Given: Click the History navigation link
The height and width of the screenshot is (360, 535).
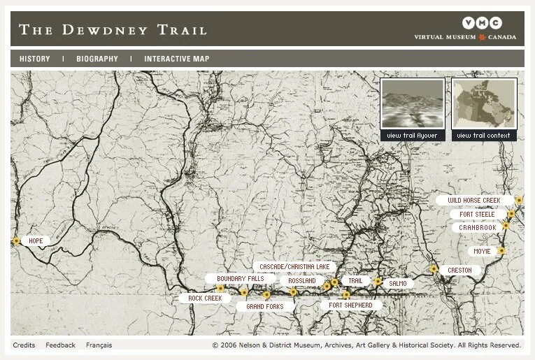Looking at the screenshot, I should click(x=34, y=59).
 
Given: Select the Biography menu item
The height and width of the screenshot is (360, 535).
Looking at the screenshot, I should click(x=97, y=59).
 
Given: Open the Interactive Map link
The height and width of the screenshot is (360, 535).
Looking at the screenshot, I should click(x=176, y=59).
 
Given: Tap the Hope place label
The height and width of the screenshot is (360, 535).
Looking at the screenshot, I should click(x=36, y=241).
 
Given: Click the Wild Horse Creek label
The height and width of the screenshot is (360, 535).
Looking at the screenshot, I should click(x=474, y=201).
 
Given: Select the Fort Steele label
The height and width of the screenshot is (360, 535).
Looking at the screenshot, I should click(x=478, y=215).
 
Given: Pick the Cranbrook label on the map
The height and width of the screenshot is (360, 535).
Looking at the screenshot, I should click(x=478, y=228).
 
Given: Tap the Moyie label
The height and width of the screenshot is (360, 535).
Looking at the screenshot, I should click(x=482, y=251).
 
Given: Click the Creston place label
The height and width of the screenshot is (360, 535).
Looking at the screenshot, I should click(x=459, y=271).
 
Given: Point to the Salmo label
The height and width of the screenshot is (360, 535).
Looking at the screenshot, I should click(x=397, y=284).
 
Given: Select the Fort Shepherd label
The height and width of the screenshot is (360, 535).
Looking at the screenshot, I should click(x=350, y=305).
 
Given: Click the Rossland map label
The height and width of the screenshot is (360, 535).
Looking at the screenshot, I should click(x=302, y=281).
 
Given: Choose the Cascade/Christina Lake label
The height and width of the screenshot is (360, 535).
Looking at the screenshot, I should click(x=294, y=267).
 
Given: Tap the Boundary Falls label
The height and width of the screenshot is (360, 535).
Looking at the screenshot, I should click(x=240, y=278).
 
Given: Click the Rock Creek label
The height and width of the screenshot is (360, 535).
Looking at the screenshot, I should click(x=205, y=298).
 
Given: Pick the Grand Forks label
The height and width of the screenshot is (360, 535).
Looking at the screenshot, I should click(x=265, y=307).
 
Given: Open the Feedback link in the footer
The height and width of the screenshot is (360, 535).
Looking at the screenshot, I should click(x=61, y=345).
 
